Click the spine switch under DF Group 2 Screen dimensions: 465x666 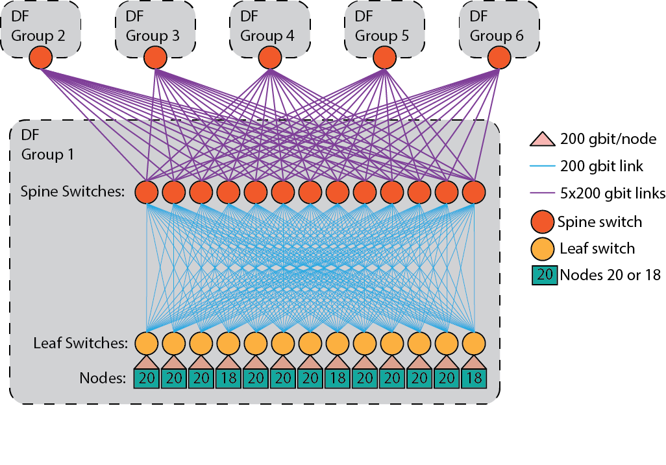click(40, 58)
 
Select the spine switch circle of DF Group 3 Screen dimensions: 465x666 click(155, 58)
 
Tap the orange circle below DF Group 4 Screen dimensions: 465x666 click(269, 58)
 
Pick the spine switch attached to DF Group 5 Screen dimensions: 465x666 click(384, 58)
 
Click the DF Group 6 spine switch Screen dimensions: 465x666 click(499, 58)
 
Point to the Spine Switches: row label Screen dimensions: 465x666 click(73, 192)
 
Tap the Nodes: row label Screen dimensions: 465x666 click(103, 378)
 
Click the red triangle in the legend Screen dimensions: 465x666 click(543, 139)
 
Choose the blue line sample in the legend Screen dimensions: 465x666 click(543, 167)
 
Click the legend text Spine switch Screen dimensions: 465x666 click(600, 222)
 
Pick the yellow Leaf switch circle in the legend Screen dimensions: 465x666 click(543, 248)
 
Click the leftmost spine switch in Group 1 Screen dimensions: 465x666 click(147, 192)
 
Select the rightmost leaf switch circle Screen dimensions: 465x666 click(474, 342)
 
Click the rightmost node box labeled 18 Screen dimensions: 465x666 click(474, 378)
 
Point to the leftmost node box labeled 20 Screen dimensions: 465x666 click(147, 378)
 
